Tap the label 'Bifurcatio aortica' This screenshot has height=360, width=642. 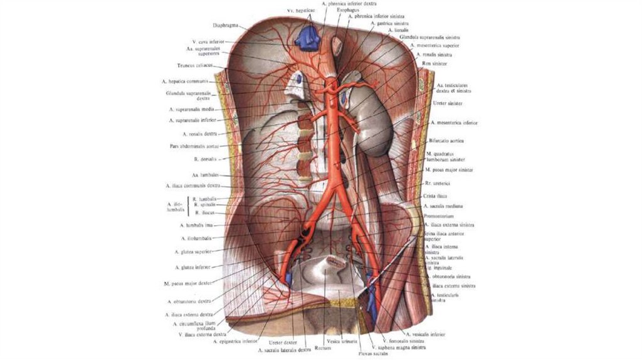pos(447,141)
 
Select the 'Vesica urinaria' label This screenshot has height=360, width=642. pos(341,341)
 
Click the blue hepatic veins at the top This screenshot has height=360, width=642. pos(307,37)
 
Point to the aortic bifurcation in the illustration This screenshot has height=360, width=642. pos(338,184)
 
